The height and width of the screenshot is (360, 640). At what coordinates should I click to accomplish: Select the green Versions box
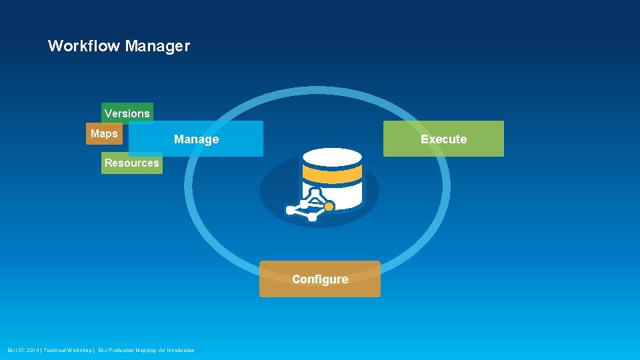tap(127, 113)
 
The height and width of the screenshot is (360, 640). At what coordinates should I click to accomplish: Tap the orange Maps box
tap(103, 133)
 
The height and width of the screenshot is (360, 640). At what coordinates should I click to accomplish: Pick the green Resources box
tap(131, 163)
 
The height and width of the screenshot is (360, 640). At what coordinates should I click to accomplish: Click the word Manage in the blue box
tap(196, 139)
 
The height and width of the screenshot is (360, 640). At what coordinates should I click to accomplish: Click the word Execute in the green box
tap(443, 139)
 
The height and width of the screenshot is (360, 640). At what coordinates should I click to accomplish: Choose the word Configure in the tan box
tap(320, 279)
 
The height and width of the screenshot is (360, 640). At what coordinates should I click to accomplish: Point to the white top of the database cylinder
tap(332, 158)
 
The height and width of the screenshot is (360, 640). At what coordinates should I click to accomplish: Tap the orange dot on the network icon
tap(329, 207)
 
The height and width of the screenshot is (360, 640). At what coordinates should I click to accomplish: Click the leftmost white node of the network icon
tap(290, 210)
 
